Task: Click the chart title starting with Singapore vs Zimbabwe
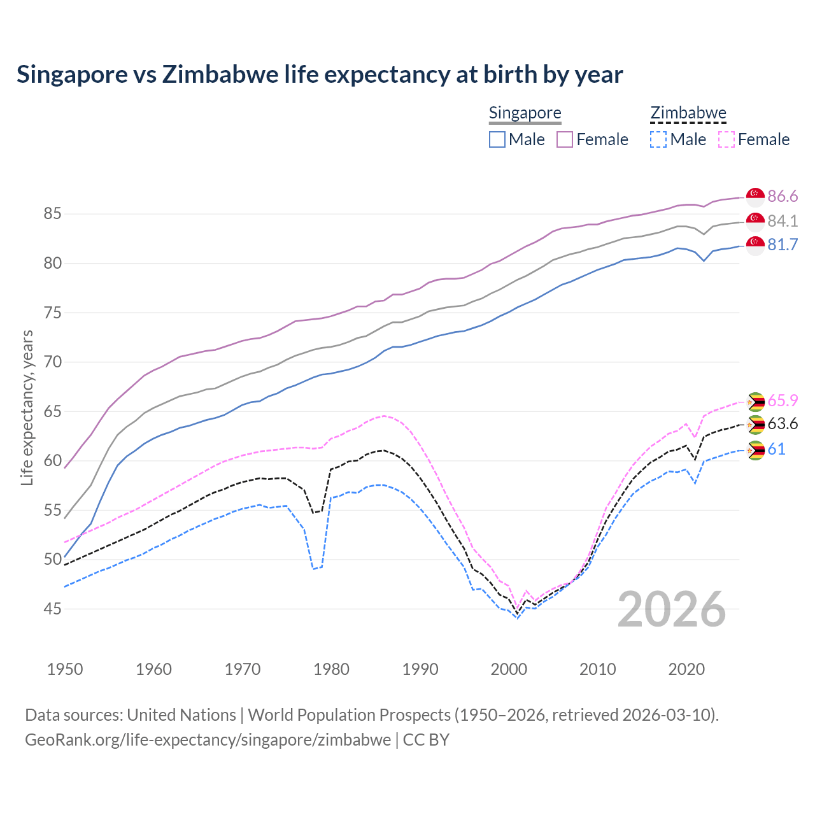[x=320, y=74]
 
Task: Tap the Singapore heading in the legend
[x=525, y=113]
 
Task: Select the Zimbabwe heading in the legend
[x=688, y=113]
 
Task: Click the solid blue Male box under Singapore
[x=497, y=139]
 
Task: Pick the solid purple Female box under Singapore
[x=565, y=139]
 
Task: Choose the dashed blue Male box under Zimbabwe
[x=658, y=139]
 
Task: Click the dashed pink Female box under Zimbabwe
[x=726, y=139]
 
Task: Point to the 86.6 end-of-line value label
[x=783, y=196]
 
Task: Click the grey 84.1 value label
[x=783, y=221]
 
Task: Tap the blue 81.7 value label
[x=783, y=245]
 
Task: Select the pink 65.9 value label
[x=783, y=400]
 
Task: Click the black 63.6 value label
[x=783, y=424]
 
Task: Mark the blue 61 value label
[x=776, y=450]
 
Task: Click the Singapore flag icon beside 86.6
[x=755, y=197]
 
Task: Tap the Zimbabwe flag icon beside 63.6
[x=755, y=425]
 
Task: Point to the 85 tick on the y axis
[x=52, y=214]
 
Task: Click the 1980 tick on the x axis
[x=331, y=669]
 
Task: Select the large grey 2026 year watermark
[x=672, y=609]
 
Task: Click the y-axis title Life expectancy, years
[x=27, y=407]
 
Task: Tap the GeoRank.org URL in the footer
[x=208, y=740]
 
